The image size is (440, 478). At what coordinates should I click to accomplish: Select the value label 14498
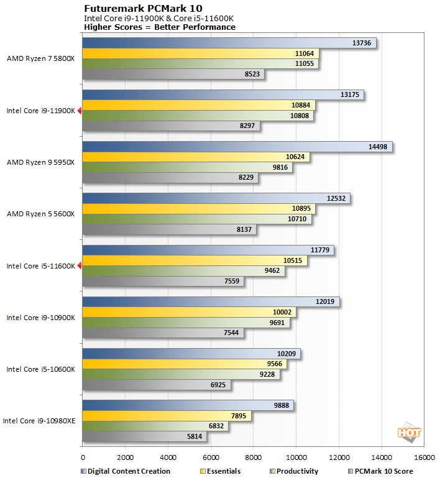pyautogui.click(x=378, y=147)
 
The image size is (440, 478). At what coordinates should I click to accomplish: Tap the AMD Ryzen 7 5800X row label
pyautogui.click(x=40, y=59)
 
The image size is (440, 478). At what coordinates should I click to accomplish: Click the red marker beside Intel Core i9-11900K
pyautogui.click(x=79, y=111)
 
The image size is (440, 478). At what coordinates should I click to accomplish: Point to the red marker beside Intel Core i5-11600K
pyautogui.click(x=79, y=265)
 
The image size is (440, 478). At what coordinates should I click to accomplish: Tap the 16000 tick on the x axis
pyautogui.click(x=424, y=458)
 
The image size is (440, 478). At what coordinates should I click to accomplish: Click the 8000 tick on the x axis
pyautogui.click(x=253, y=458)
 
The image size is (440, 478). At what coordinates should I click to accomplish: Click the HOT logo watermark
pyautogui.click(x=409, y=433)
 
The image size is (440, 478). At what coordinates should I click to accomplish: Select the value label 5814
pyautogui.click(x=195, y=436)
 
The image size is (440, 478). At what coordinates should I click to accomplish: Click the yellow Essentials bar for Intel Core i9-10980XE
pyautogui.click(x=167, y=416)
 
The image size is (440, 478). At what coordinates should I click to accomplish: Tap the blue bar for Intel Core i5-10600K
pyautogui.click(x=191, y=353)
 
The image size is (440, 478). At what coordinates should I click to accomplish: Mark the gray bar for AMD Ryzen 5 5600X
pyautogui.click(x=168, y=229)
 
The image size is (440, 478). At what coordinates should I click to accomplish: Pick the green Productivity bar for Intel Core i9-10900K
pyautogui.click(x=186, y=323)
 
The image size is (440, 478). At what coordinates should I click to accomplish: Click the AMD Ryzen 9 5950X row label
pyautogui.click(x=40, y=162)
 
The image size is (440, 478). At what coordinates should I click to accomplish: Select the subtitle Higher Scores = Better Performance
pyautogui.click(x=160, y=27)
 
